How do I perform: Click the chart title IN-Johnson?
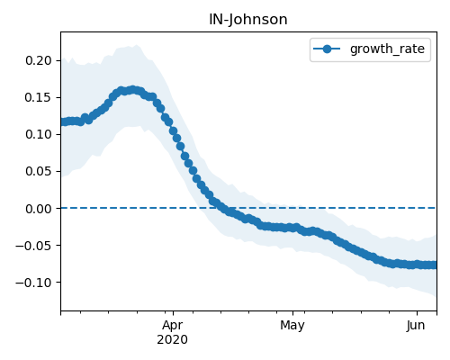click(x=248, y=20)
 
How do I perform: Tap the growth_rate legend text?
click(x=387, y=49)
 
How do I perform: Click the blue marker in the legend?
click(x=327, y=49)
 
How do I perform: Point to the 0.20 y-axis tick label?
click(x=39, y=60)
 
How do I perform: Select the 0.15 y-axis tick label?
click(x=39, y=97)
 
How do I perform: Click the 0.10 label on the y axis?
click(x=39, y=134)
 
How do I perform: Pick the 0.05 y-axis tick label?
click(x=39, y=171)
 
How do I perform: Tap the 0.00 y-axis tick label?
click(x=39, y=209)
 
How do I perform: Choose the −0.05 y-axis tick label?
click(x=33, y=246)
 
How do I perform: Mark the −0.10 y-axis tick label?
click(x=33, y=283)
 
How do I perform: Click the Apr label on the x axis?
click(x=173, y=326)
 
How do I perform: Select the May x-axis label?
click(x=292, y=326)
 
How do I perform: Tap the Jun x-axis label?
click(x=416, y=326)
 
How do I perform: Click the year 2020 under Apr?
click(x=172, y=339)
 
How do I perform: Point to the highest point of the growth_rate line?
click(x=132, y=90)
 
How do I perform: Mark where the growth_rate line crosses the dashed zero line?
click(x=224, y=208)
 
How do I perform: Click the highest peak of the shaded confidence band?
click(x=137, y=45)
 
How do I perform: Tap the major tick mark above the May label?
click(x=292, y=313)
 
